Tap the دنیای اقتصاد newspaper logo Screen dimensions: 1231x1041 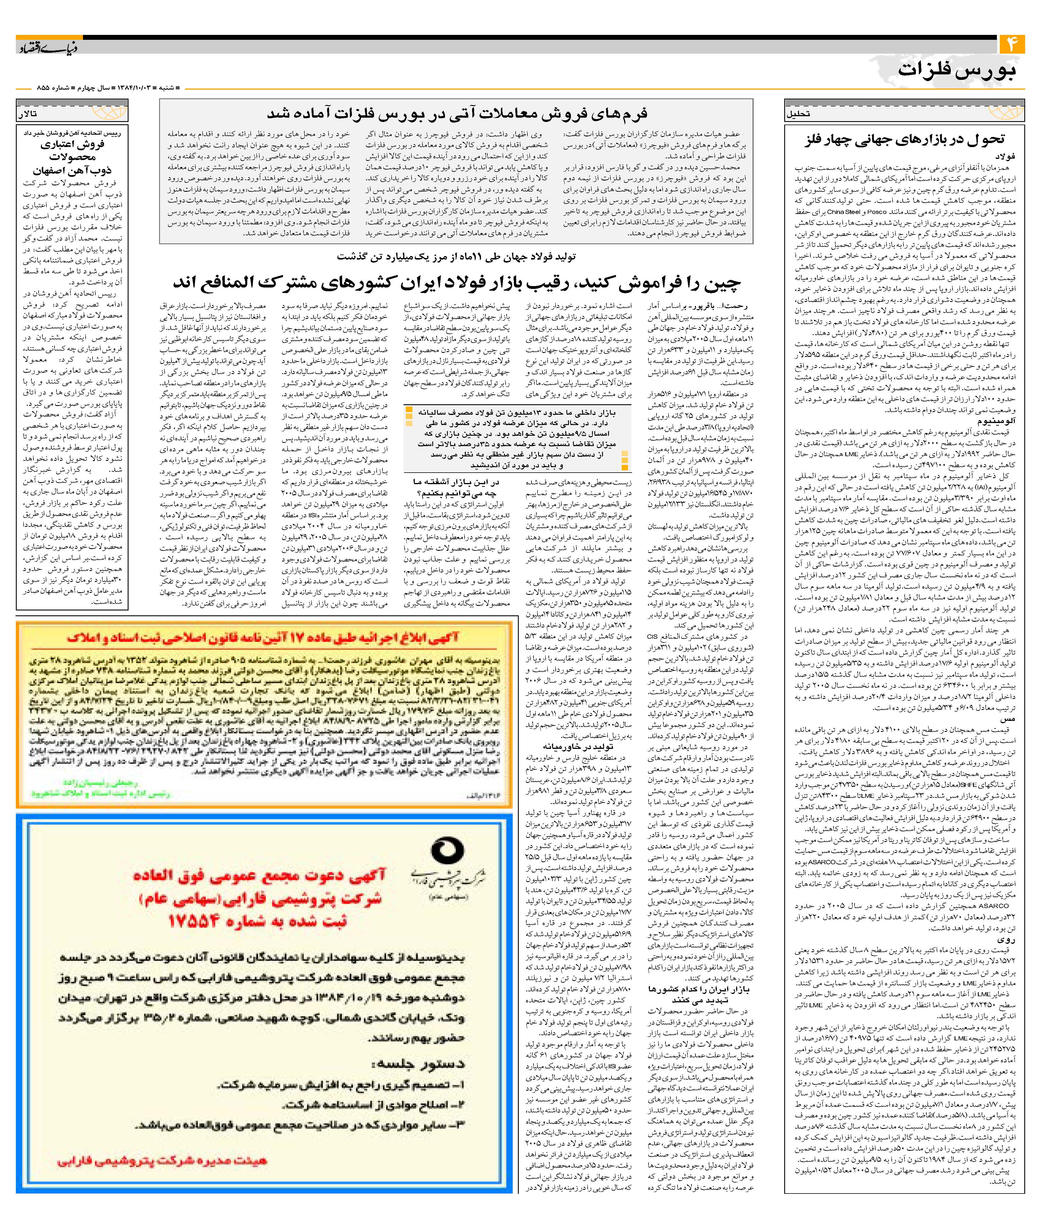pos(47,47)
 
